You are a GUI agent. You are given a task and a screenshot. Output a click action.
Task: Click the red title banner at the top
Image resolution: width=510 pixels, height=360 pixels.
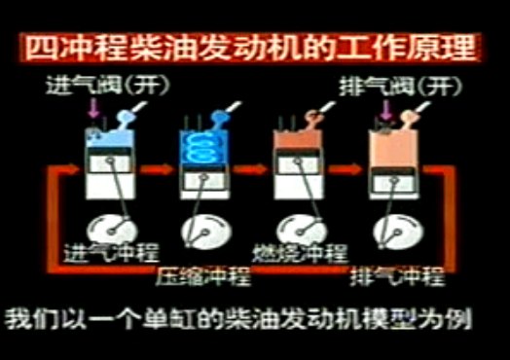pos(250,48)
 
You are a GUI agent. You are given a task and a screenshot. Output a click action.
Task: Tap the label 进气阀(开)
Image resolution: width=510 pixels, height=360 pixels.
pos(108,86)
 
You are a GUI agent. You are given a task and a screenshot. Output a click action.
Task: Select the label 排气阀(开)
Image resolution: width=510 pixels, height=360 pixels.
pos(401,87)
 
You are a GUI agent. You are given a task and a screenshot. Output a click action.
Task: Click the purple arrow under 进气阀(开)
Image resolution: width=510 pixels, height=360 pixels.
pos(93,108)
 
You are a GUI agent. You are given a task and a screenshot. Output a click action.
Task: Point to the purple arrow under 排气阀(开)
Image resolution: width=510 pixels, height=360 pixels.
pos(386,110)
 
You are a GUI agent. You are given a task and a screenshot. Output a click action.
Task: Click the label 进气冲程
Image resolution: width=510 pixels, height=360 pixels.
pos(111,252)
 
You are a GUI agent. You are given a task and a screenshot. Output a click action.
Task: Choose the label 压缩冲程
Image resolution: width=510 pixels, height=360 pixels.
pos(203,276)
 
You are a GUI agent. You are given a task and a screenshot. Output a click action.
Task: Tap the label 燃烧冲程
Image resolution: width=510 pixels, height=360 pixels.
pos(300,253)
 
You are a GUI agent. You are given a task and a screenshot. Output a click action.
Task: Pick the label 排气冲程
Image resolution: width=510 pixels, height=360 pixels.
pos(397,276)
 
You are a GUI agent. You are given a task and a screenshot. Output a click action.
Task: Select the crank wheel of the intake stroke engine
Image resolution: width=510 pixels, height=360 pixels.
pos(112,231)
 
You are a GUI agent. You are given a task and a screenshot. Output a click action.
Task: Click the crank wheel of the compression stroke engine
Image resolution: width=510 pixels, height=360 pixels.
pos(206,232)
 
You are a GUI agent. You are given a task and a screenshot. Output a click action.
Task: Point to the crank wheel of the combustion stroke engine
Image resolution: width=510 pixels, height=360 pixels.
pos(302,231)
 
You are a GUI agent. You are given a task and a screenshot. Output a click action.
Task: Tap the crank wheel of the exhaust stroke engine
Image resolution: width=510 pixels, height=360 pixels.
pos(398,232)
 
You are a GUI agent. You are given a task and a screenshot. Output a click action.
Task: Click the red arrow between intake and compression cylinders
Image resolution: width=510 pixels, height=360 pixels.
pos(157,169)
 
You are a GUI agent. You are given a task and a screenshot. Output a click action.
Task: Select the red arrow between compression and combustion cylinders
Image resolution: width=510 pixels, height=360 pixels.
pos(250,169)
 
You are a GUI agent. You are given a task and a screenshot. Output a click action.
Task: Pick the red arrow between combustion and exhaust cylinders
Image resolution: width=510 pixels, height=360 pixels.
pos(345,169)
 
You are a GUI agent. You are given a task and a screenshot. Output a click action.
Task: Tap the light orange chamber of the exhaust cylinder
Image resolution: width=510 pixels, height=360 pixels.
pos(393,148)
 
